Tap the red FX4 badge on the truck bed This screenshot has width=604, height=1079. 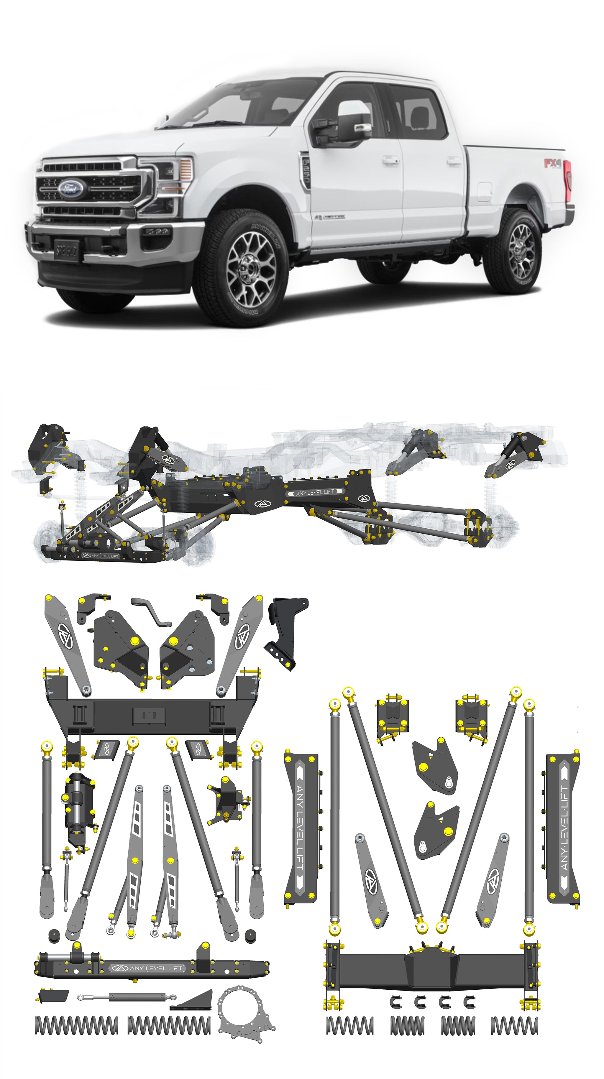point(552,163)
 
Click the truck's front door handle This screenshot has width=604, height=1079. point(390,159)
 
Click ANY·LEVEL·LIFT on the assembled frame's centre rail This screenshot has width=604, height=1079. point(314,493)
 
